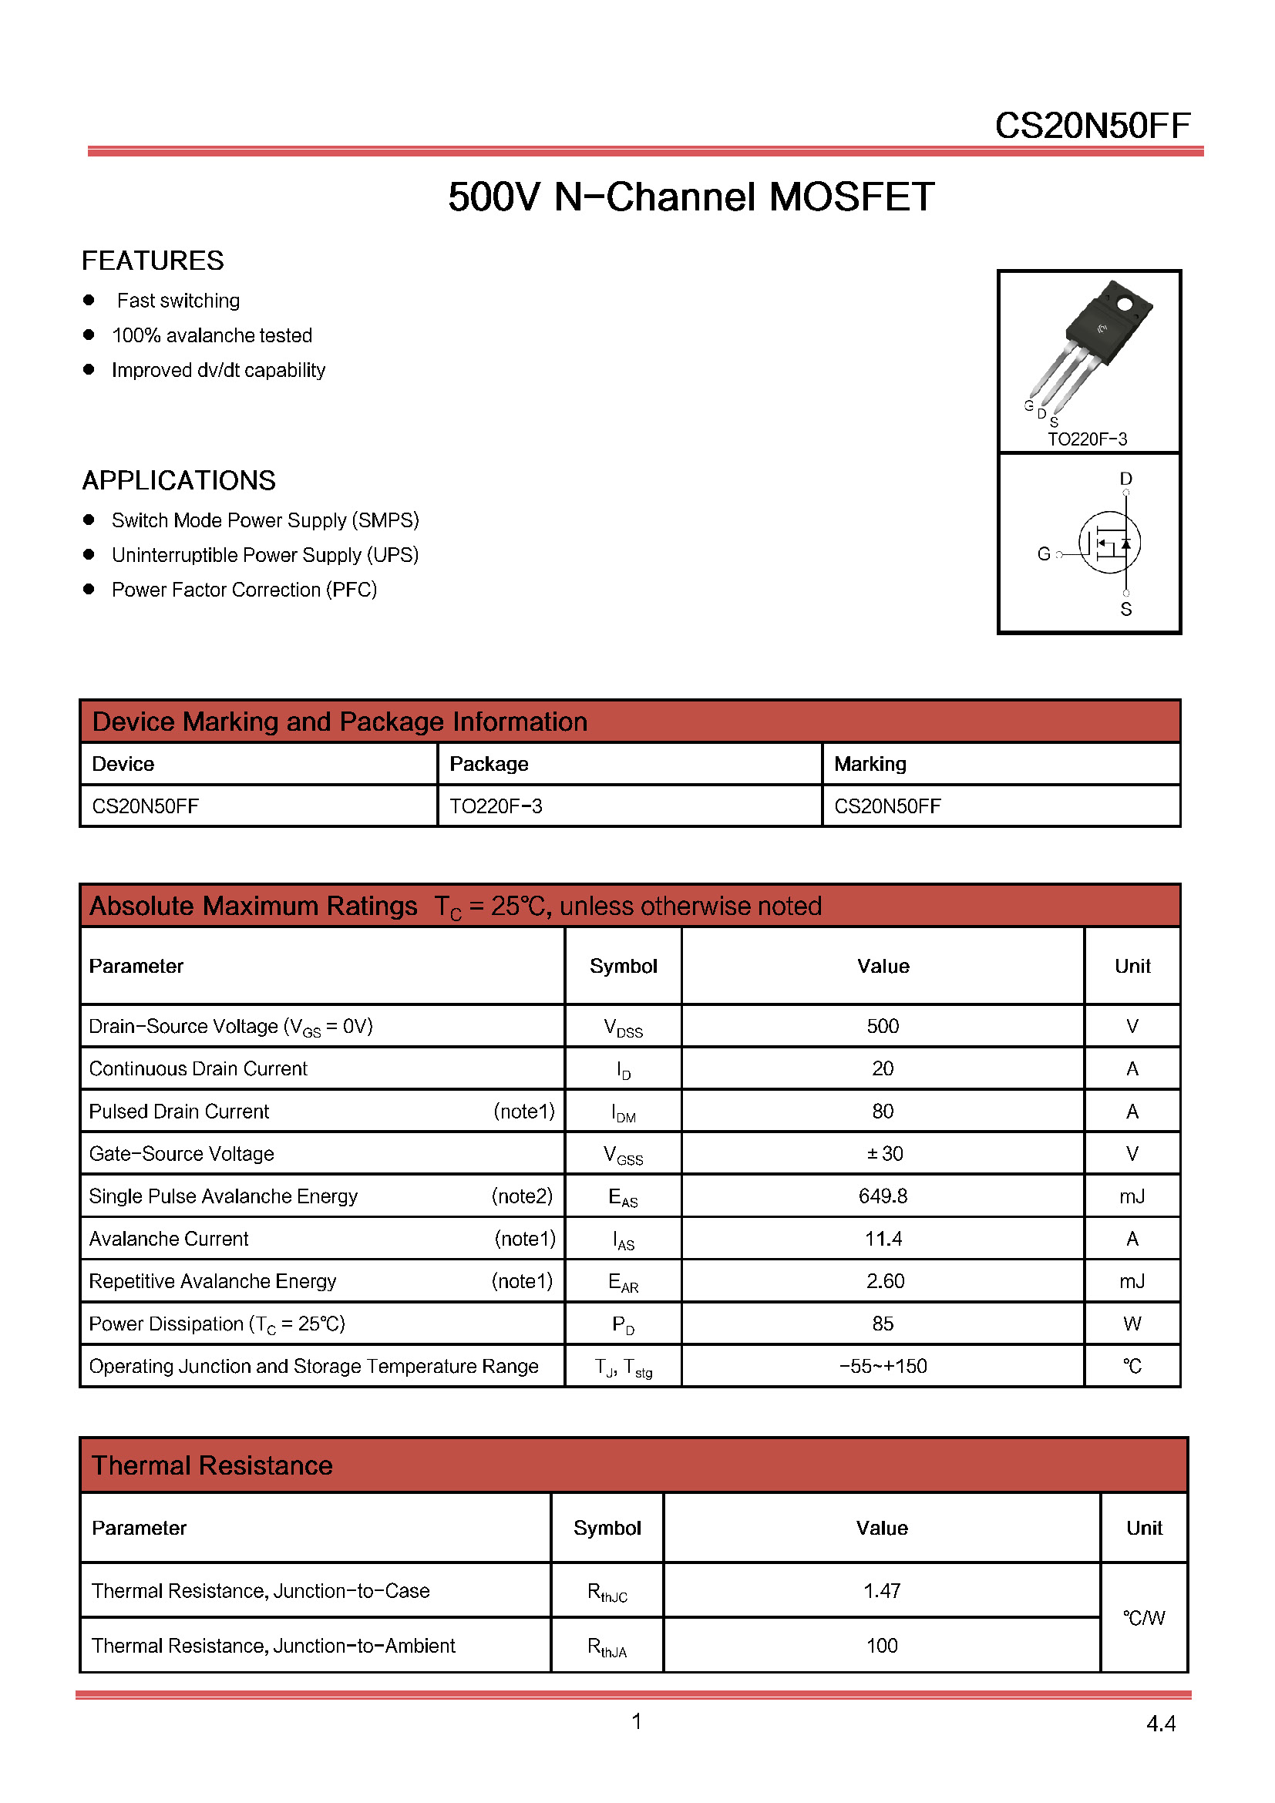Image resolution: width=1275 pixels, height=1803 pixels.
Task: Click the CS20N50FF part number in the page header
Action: point(1092,126)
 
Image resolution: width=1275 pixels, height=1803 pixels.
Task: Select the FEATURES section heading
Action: point(153,261)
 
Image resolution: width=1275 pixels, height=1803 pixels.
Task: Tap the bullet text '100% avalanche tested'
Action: point(212,335)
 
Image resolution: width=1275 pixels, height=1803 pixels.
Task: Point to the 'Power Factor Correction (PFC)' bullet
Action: point(244,590)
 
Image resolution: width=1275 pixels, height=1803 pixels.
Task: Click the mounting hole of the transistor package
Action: point(1124,303)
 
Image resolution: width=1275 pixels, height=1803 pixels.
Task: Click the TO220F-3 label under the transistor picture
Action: point(1088,439)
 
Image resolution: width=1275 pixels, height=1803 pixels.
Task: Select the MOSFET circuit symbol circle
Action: point(1109,543)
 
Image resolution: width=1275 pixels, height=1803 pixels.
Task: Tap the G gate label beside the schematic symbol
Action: point(1044,554)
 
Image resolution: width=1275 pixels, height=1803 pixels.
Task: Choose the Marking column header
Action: point(870,764)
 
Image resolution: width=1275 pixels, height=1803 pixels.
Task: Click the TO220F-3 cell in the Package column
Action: point(496,806)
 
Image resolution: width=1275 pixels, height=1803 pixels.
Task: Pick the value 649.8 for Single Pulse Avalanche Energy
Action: point(883,1196)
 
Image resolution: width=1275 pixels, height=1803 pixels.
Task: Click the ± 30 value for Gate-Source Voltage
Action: point(885,1154)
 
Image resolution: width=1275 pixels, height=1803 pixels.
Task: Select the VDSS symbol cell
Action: point(624,1027)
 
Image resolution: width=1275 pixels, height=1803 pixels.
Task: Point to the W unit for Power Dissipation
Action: point(1132,1324)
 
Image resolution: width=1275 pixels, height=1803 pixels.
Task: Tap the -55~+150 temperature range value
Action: point(883,1367)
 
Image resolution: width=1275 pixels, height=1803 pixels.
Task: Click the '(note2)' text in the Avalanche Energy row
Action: point(522,1196)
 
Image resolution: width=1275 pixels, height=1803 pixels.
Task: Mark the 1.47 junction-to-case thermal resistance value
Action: point(882,1591)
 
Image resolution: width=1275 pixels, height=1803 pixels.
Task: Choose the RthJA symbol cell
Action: point(607,1647)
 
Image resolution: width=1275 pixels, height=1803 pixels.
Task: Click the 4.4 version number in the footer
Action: point(1160,1724)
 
